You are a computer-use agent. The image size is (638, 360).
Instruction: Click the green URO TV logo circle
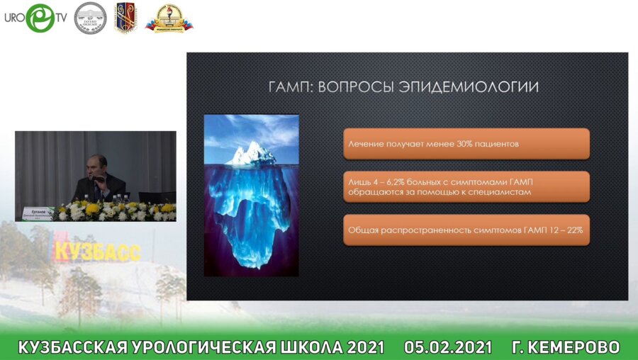click(x=40, y=18)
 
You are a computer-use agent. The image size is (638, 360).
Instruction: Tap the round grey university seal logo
click(x=90, y=18)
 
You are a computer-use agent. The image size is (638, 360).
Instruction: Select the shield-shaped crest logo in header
click(x=125, y=17)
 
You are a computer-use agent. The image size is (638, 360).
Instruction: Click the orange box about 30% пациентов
click(x=466, y=144)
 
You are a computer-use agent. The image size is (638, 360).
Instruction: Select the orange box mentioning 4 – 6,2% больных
click(x=466, y=186)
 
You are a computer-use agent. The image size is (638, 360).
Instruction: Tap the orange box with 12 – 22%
click(x=466, y=230)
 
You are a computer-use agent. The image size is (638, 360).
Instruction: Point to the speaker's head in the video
click(x=99, y=165)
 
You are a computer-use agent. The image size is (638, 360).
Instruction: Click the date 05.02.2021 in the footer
click(x=447, y=347)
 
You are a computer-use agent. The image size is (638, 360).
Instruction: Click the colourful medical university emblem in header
click(x=169, y=18)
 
